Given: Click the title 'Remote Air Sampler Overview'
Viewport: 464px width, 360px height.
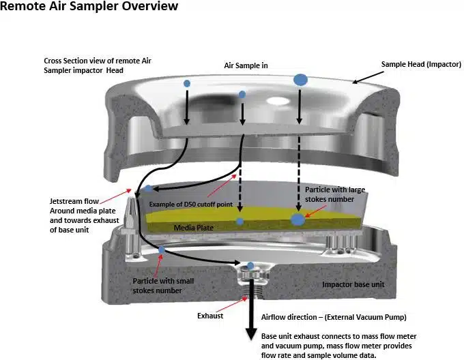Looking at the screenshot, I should click(x=89, y=7).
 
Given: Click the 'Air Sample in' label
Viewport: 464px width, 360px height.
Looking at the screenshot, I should click(x=246, y=65).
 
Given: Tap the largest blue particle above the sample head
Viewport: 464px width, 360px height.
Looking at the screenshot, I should click(x=300, y=80).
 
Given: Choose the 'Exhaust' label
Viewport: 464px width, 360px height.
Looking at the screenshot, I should click(x=211, y=316).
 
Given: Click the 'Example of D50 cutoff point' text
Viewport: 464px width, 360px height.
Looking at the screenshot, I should click(x=193, y=205).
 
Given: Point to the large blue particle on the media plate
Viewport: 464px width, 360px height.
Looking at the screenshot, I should click(x=298, y=219).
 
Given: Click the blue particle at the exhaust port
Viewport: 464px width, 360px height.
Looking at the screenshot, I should click(x=250, y=266).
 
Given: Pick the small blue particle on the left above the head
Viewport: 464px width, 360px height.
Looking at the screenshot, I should click(x=187, y=83).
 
